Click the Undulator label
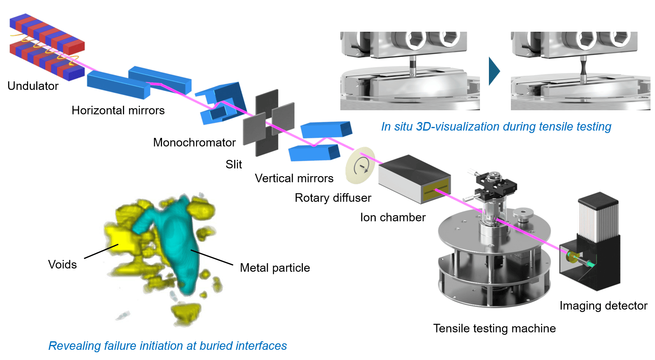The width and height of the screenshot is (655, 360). [x=33, y=86]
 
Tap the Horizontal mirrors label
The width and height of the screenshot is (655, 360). [x=118, y=111]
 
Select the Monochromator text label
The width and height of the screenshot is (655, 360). [x=194, y=143]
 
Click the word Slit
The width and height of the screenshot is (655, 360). [x=234, y=164]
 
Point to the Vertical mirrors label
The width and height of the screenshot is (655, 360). [x=294, y=178]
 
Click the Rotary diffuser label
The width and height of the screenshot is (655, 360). [x=333, y=198]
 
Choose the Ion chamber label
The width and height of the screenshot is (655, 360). [x=393, y=217]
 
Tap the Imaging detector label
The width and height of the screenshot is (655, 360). [x=604, y=305]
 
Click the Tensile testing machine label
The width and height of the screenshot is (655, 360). [x=495, y=328]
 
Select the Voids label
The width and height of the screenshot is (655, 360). [x=62, y=264]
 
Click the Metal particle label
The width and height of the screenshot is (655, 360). [x=275, y=268]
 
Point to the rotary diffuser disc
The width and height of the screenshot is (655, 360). [x=360, y=166]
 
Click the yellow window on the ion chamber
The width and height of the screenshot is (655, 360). [x=436, y=190]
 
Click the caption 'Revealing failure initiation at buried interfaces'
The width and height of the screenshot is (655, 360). [x=168, y=346]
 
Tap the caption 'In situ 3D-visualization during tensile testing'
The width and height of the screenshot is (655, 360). [x=496, y=127]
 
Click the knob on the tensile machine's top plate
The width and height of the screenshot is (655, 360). [x=523, y=215]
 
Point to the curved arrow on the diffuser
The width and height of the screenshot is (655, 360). [x=361, y=166]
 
